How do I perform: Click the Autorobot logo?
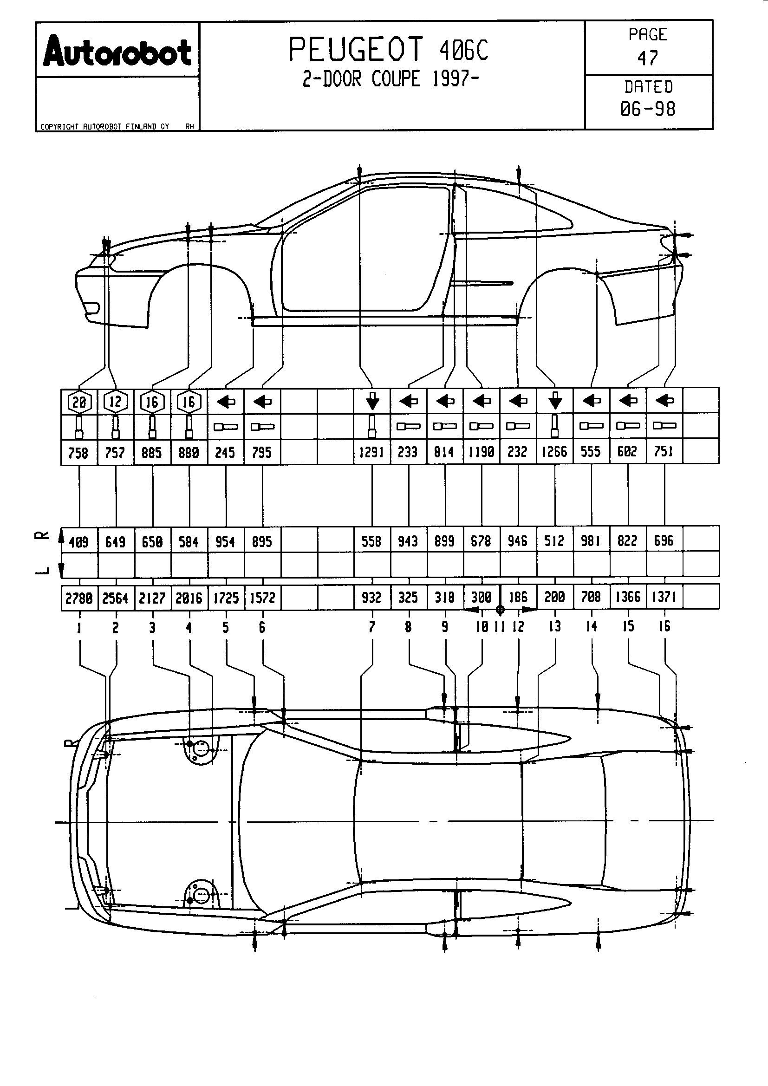click(x=117, y=51)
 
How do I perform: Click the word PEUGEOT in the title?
click(x=355, y=50)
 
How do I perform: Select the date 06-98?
click(x=647, y=109)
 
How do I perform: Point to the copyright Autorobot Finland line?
click(x=104, y=127)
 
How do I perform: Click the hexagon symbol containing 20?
click(x=79, y=402)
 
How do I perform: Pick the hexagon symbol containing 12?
click(x=116, y=402)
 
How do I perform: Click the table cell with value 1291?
click(x=371, y=452)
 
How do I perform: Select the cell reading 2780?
click(x=78, y=598)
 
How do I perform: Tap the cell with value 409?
click(x=78, y=541)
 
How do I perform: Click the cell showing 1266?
click(x=554, y=452)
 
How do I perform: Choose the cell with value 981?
click(x=591, y=540)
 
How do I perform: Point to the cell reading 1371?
click(x=664, y=597)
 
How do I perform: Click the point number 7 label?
click(x=372, y=627)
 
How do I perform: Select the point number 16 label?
click(x=664, y=626)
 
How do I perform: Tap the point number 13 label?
click(x=555, y=627)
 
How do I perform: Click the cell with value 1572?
click(x=262, y=598)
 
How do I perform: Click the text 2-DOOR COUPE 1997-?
click(x=391, y=79)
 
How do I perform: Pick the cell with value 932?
click(x=371, y=598)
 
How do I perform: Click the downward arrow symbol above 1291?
click(x=372, y=401)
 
